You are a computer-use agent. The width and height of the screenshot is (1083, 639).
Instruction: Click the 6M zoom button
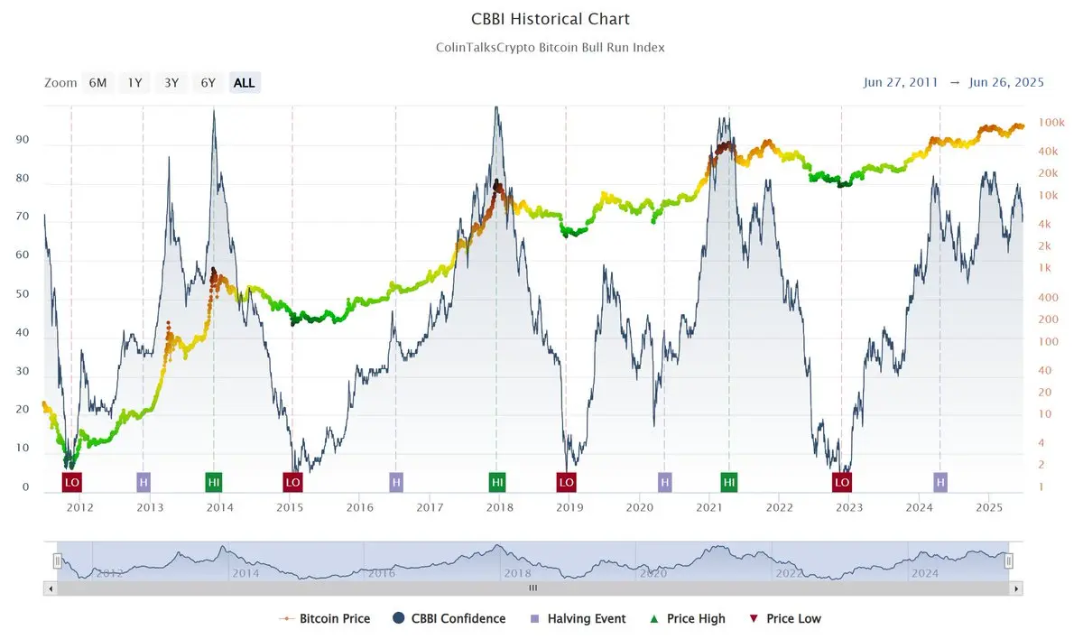click(x=97, y=83)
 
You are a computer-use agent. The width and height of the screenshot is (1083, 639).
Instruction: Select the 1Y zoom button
click(x=134, y=83)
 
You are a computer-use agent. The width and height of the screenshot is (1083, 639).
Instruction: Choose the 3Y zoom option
click(x=171, y=83)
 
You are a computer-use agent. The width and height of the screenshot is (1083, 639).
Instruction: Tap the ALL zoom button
click(x=245, y=83)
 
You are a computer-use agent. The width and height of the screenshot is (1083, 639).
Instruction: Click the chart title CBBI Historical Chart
click(x=551, y=19)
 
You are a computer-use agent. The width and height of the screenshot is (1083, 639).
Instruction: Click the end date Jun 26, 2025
click(x=1006, y=82)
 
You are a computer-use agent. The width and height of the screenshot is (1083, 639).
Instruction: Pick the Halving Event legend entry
click(x=578, y=619)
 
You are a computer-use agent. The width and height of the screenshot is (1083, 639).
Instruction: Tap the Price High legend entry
click(x=688, y=619)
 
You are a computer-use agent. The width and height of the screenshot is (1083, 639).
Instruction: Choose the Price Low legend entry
click(x=786, y=619)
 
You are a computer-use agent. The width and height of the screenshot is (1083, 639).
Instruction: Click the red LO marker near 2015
click(x=292, y=482)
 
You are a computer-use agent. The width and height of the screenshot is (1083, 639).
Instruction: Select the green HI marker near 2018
click(x=497, y=482)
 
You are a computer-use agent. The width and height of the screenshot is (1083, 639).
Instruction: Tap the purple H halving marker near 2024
click(x=940, y=482)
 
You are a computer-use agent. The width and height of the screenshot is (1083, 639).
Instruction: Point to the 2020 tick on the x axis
click(x=639, y=508)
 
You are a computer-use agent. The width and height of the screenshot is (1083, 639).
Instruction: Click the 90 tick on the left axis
click(x=23, y=140)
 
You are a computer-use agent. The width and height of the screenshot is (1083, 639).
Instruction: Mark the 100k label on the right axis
click(x=1051, y=122)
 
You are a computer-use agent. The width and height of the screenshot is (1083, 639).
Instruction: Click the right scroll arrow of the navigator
click(x=1016, y=588)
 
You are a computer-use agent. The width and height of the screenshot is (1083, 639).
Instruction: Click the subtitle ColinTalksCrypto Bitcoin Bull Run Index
click(x=550, y=47)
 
